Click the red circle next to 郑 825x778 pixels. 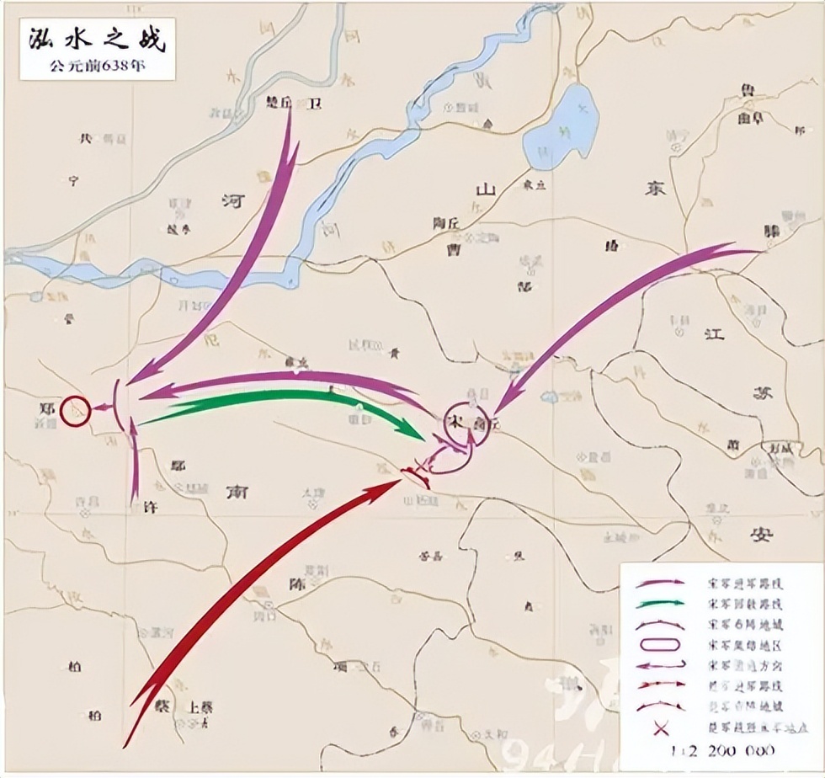[x=75, y=410]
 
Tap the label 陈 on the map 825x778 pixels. [x=296, y=583]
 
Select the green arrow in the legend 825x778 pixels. [x=660, y=605]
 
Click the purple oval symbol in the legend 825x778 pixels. [x=660, y=646]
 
